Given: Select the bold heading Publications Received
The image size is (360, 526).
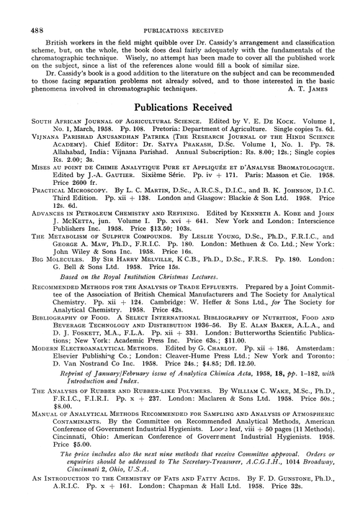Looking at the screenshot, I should pyautogui.click(x=179, y=106).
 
